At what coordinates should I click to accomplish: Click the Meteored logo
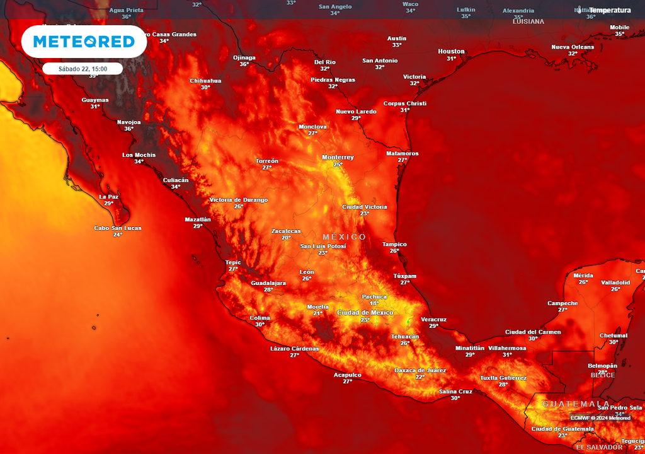click(84, 42)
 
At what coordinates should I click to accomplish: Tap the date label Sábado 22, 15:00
click(83, 69)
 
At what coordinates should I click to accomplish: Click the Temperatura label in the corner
click(609, 10)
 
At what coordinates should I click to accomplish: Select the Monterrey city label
click(338, 157)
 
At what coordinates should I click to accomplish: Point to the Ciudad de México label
click(365, 313)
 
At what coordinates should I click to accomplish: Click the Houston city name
click(451, 51)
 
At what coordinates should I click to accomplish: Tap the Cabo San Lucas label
click(118, 228)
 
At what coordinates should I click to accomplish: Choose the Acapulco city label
click(348, 375)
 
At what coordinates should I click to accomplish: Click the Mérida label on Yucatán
click(583, 276)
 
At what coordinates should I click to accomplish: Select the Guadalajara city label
click(268, 283)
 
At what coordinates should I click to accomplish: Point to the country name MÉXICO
click(344, 237)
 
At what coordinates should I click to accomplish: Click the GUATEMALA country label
click(576, 404)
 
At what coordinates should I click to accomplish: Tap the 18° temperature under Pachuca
click(374, 303)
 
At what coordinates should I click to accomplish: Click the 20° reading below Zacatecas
click(286, 238)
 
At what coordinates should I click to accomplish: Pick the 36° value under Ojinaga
click(244, 64)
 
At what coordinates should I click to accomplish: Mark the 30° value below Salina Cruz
click(455, 398)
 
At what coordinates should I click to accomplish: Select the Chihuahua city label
click(205, 81)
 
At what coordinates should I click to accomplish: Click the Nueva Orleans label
click(573, 47)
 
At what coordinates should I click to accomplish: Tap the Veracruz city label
click(433, 319)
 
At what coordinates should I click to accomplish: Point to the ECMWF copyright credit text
click(600, 417)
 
